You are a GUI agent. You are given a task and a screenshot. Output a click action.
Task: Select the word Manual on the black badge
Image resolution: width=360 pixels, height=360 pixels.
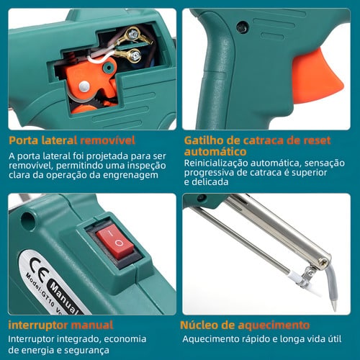(x=64, y=297)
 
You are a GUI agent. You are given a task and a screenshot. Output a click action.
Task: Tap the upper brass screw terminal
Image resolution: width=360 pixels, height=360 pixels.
(x=132, y=35)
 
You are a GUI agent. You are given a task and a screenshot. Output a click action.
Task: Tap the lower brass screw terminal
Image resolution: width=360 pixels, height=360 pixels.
(x=135, y=55)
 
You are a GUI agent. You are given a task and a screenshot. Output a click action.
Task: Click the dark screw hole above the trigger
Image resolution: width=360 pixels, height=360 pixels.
(x=243, y=27)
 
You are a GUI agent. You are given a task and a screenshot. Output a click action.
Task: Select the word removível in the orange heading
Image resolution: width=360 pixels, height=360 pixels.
(x=107, y=140)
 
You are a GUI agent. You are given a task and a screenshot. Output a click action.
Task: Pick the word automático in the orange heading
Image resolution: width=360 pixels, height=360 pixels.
(x=215, y=152)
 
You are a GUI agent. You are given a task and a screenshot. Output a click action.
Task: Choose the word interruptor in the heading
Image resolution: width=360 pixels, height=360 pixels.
(x=38, y=325)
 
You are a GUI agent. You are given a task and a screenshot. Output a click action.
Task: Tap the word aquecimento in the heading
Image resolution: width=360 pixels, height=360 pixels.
(x=274, y=325)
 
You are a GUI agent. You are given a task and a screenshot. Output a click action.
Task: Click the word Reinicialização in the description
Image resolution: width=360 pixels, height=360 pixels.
(x=216, y=163)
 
